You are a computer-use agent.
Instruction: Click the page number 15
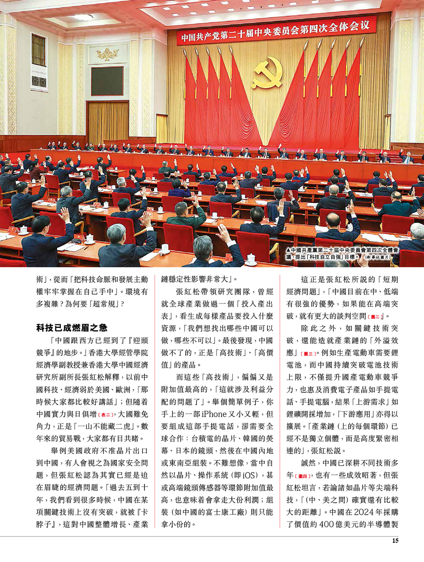coord(395,541)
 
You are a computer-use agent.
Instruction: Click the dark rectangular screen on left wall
coord(107,81)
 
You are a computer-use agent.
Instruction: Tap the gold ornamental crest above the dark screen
coord(107,54)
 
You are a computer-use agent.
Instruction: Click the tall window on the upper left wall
coord(39,50)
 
